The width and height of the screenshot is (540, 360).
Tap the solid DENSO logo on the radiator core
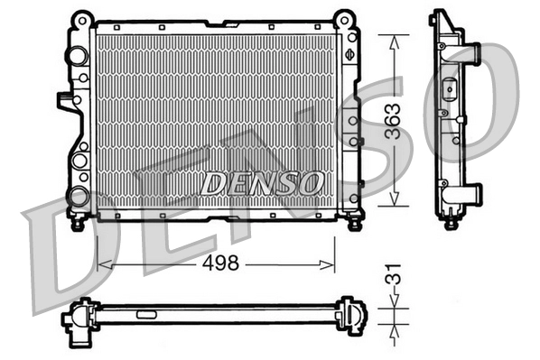(x=262, y=183)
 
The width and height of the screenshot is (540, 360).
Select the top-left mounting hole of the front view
(x=82, y=18)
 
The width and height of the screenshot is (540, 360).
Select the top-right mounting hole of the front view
(x=343, y=18)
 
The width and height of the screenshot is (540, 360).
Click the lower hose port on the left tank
(x=79, y=195)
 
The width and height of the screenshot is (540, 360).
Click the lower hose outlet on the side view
(x=471, y=192)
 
